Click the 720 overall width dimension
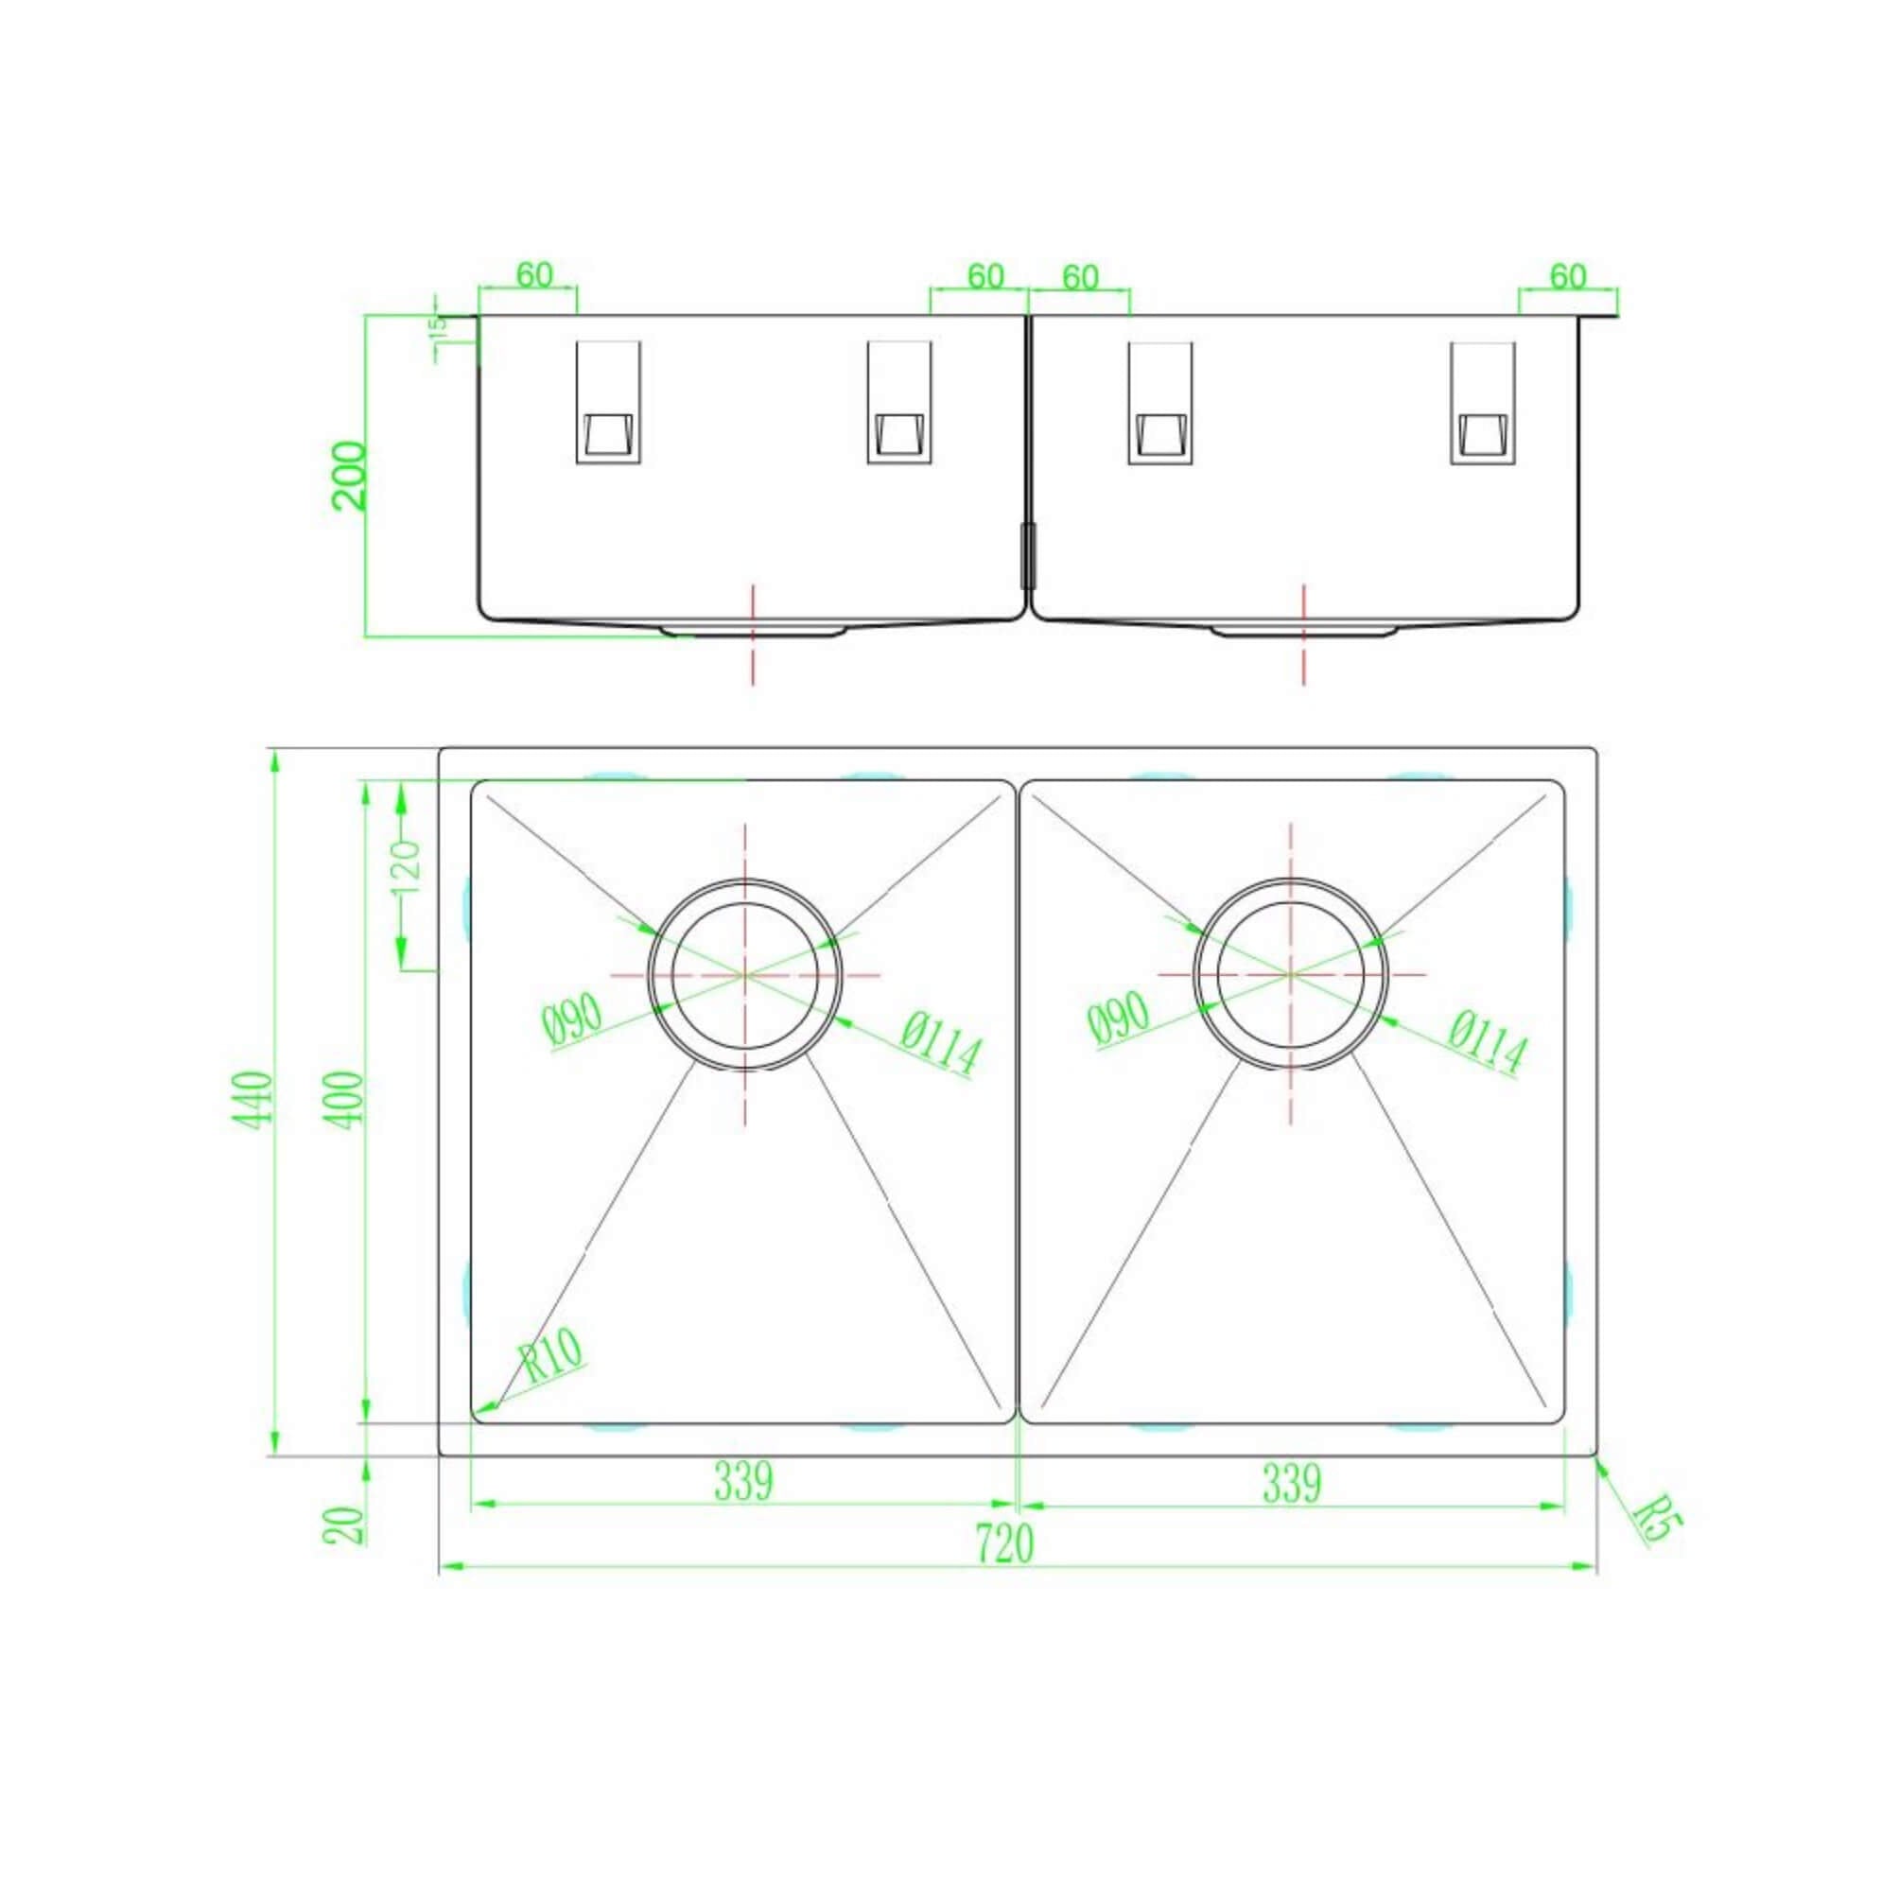point(1005,1544)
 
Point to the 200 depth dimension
point(349,476)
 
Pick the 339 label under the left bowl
point(744,1482)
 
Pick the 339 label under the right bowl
point(1291,1482)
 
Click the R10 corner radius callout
point(552,1355)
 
